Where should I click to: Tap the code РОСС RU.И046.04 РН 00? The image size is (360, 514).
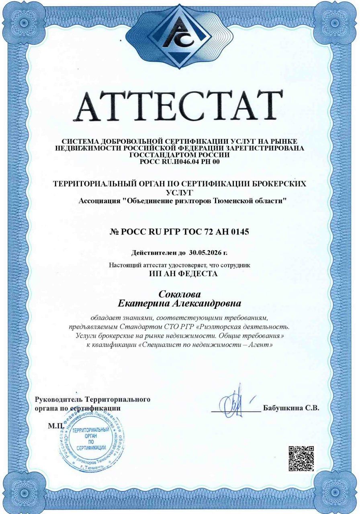(x=180, y=162)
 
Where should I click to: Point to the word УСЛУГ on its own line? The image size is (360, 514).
(x=180, y=192)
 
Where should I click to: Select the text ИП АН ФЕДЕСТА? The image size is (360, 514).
(x=180, y=274)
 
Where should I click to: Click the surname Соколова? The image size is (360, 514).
(x=180, y=294)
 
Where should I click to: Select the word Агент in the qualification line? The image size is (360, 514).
(x=262, y=345)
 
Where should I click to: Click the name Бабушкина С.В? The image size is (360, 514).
(x=291, y=408)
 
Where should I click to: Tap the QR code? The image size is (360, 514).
(x=301, y=458)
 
